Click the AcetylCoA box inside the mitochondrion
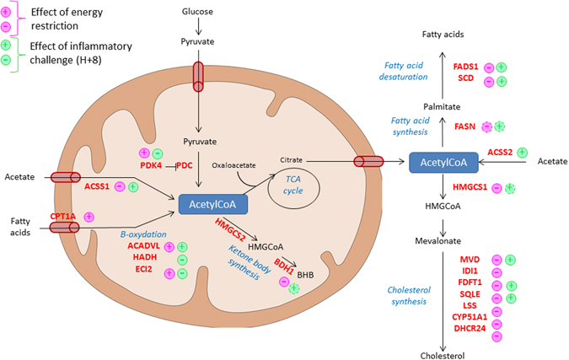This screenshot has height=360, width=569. pos(213,204)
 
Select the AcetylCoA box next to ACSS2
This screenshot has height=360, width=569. pos(443,162)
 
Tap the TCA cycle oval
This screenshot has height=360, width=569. pos(293,188)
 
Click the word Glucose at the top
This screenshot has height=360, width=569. pos(197,12)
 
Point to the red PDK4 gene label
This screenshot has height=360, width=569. pos(151,165)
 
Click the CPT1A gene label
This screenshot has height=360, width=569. pos(62,217)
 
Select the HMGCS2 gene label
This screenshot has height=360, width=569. pos(230,229)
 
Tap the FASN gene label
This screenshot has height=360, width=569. pos(464,126)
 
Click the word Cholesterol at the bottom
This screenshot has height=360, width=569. pos(443,356)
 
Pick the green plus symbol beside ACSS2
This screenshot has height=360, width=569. pos(522,153)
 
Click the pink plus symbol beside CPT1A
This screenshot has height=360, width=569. pos(89,217)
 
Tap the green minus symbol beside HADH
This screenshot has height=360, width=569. pos(182,260)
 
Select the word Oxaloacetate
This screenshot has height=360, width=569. pos(234,165)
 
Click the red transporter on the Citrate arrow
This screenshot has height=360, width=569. pos(368,162)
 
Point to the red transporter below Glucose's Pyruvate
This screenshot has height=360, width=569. pos(198,77)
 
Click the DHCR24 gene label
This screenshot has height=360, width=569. pos(470,329)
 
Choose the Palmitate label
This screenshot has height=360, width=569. pos(442,107)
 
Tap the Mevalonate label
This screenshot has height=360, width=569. pos(438,241)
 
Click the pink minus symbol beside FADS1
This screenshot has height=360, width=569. pos(489,67)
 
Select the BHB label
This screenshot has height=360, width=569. pos(305,275)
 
